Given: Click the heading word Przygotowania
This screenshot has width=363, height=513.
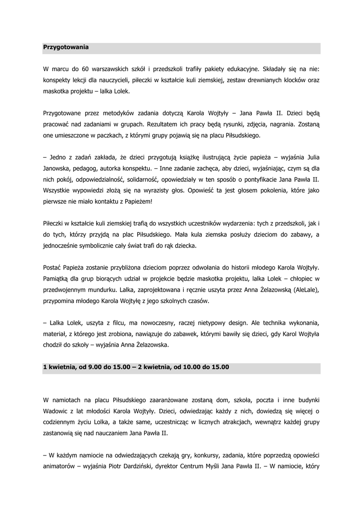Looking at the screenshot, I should [x=66, y=47].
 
